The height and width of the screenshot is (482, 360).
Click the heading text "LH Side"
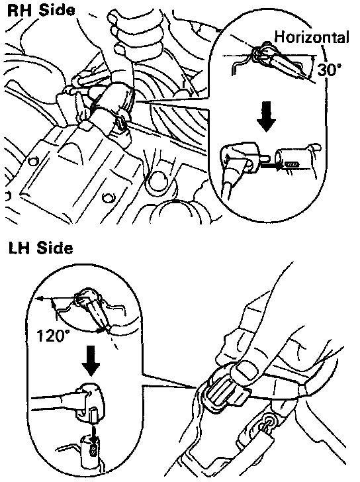click(x=40, y=248)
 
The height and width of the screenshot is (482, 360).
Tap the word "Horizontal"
click(x=312, y=37)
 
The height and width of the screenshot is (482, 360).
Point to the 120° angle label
click(x=51, y=336)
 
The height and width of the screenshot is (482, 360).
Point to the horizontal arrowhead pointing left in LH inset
click(x=39, y=298)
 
